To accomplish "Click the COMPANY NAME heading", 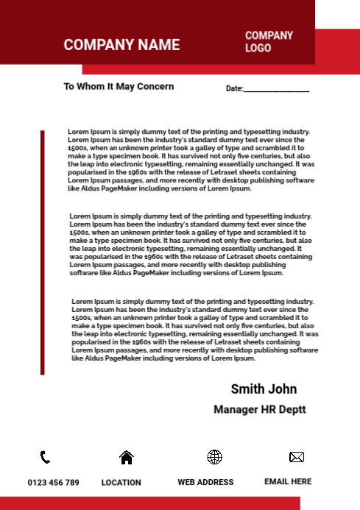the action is [x=121, y=45].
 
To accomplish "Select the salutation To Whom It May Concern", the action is [x=119, y=86].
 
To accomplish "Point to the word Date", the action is [x=233, y=88].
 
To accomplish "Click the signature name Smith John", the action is [x=264, y=389].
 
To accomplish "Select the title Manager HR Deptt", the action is [x=259, y=409].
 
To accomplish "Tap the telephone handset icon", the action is [x=45, y=457].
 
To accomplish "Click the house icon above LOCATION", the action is [x=127, y=457].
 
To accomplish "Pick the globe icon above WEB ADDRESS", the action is [x=214, y=457].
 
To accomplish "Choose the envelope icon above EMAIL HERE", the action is [x=297, y=457].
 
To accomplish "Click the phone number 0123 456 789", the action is [x=53, y=483].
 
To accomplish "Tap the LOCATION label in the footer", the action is [x=121, y=483].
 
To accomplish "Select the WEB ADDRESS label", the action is [x=205, y=482].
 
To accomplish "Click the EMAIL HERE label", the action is [x=288, y=481].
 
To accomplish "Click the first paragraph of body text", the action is [x=191, y=160].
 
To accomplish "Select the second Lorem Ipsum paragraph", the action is [x=191, y=244].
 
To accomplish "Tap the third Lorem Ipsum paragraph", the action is [x=194, y=330].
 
